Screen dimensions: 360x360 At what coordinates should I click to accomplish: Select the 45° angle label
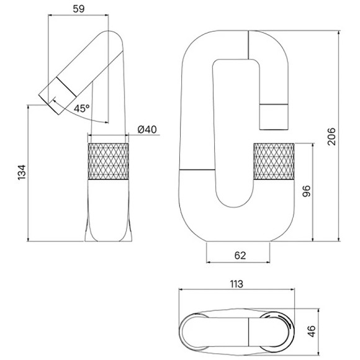pyautogui.click(x=81, y=108)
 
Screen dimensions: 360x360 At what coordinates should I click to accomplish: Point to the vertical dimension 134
pyautogui.click(x=20, y=173)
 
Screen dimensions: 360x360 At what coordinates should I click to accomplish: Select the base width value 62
pyautogui.click(x=238, y=254)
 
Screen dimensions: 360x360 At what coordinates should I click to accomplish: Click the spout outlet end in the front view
pyautogui.click(x=274, y=117)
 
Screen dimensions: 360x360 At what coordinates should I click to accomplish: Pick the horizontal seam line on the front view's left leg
pyautogui.click(x=197, y=169)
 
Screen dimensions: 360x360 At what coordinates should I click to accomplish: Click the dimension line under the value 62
pyautogui.click(x=238, y=264)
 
